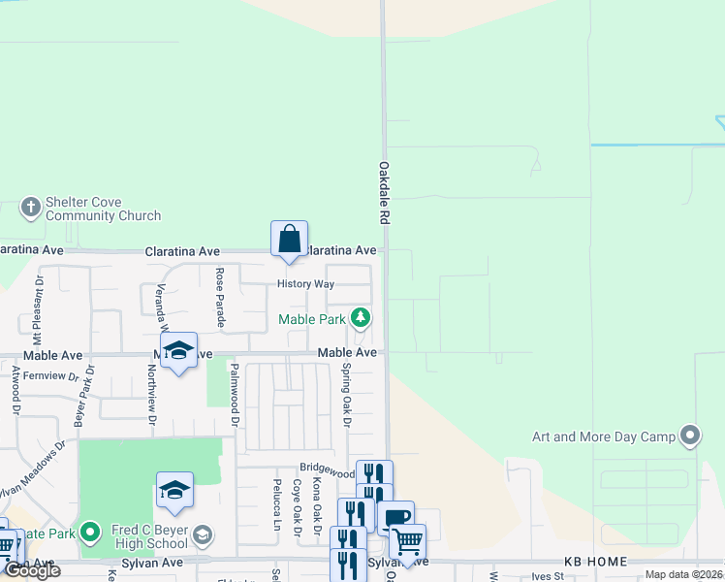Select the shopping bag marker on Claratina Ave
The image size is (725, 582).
coord(289,240)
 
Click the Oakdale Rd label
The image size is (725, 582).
coord(384,194)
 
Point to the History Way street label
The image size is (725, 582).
coord(305,284)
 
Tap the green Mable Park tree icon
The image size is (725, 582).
coord(361,317)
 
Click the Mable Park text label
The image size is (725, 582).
coord(311,318)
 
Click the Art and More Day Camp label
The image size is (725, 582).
coord(603,436)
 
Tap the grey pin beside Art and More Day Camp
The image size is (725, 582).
coord(690,436)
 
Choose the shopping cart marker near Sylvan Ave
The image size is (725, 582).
coord(407,542)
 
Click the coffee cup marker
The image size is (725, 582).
coord(395,518)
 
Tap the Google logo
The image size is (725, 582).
coord(32,570)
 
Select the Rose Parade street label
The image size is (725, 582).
coord(220,297)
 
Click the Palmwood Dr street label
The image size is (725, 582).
coord(234,395)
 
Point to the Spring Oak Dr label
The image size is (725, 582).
coord(346,395)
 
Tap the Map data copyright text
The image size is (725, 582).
coord(682,574)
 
